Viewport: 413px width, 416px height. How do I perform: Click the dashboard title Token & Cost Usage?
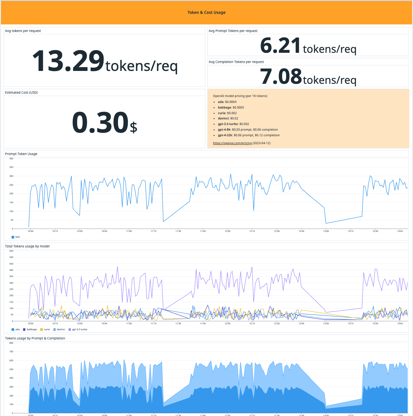pos(206,13)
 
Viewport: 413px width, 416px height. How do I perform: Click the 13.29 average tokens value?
pos(68,61)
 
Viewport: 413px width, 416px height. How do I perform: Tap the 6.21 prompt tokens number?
pos(280,46)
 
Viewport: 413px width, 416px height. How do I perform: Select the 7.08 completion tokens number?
pos(281,77)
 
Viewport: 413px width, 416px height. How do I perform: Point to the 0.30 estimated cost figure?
pos(100,123)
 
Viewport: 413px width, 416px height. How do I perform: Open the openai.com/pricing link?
pos(232,143)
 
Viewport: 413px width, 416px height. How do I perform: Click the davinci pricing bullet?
pos(228,118)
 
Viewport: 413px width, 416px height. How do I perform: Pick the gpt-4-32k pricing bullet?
pos(249,135)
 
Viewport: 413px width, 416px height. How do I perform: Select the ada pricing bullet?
pos(227,102)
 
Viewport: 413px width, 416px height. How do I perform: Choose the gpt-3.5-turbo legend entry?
pos(79,330)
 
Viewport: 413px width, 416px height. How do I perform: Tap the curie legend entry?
pos(46,330)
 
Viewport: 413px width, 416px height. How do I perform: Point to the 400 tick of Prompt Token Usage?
pos(11,159)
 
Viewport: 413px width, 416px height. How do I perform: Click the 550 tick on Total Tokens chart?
pos(11,251)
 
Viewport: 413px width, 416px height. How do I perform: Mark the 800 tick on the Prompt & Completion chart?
pos(11,343)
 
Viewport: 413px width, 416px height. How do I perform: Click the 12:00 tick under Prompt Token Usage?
pos(227,231)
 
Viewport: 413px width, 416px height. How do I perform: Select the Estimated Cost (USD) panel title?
pos(21,93)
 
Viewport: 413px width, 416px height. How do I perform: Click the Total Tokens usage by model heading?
pos(27,246)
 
